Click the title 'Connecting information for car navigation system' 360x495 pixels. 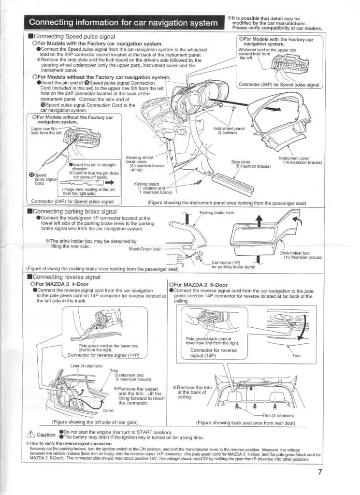(x=123, y=23)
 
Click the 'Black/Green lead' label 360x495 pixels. (x=145, y=249)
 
